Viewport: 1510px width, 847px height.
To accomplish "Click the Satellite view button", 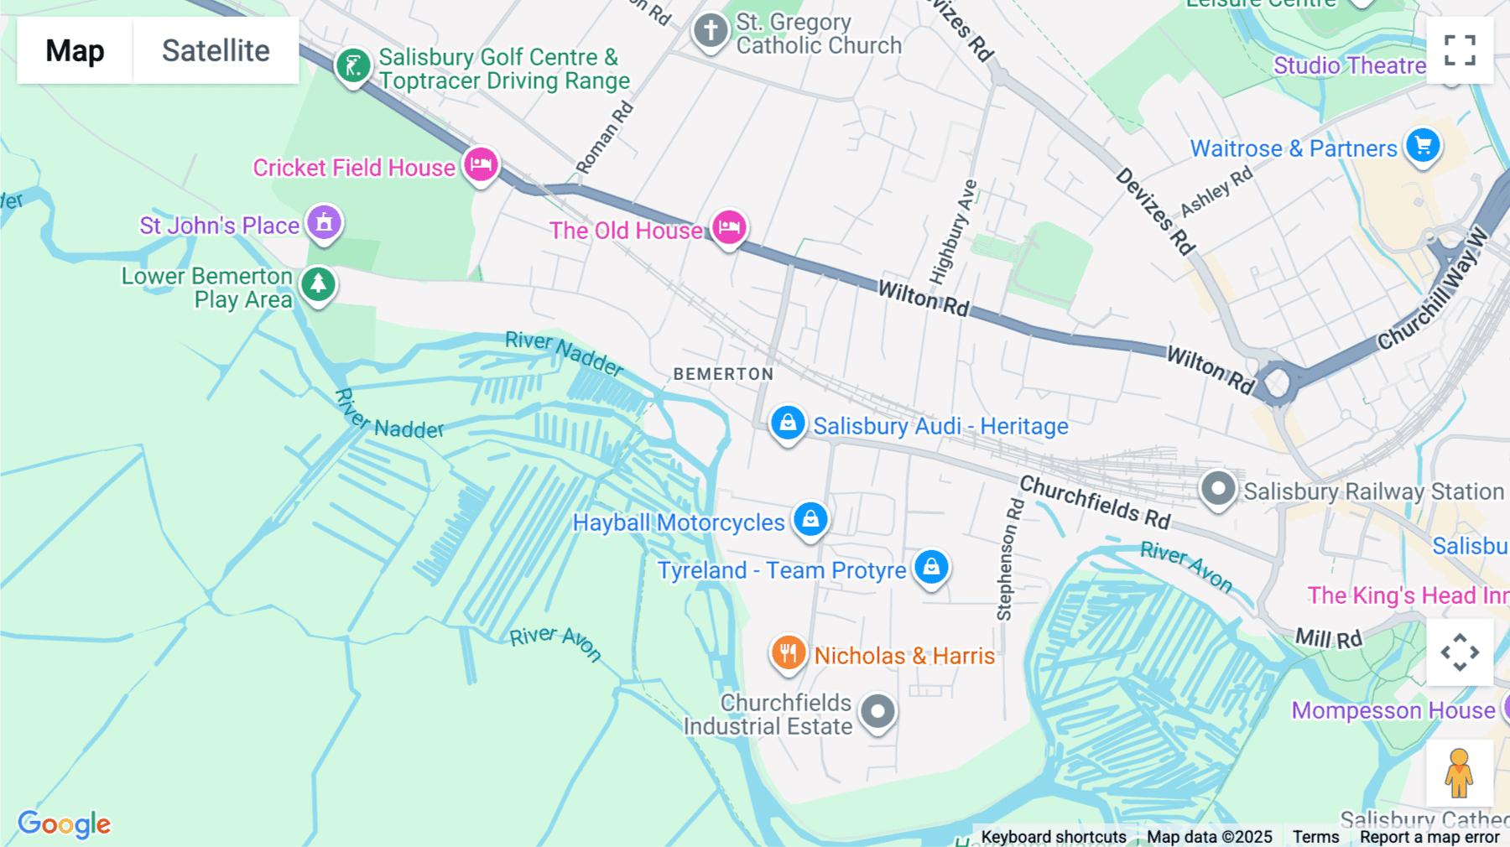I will coord(216,50).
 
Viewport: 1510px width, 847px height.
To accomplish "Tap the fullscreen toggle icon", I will coord(1460,50).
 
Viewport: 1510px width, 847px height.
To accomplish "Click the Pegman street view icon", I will coord(1459,772).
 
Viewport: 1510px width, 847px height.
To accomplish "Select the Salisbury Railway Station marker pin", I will coord(1218,488).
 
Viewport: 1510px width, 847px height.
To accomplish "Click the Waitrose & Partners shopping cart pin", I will coord(1423,146).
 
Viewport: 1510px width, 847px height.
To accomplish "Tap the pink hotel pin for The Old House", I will coord(729,226).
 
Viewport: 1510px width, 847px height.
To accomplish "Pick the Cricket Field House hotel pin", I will coord(481,164).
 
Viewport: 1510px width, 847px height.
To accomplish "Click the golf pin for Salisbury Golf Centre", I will coord(353,65).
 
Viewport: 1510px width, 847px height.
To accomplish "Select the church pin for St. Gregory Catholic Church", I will coord(711,31).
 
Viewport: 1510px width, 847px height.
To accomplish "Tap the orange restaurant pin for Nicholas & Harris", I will coord(788,652).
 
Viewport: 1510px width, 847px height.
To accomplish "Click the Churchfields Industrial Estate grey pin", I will coord(877,712).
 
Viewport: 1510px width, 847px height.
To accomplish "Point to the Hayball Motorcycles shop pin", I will coord(810,519).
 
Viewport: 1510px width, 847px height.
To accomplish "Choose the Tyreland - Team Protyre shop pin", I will coord(931,568).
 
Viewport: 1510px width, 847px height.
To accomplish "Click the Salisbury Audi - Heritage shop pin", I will coord(788,423).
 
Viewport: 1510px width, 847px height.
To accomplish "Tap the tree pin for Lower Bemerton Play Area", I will coord(318,284).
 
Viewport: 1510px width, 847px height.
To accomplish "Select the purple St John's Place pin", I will coord(324,223).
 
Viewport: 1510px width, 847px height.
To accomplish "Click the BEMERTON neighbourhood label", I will coord(723,374).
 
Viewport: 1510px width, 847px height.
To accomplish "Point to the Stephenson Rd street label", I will coord(1009,559).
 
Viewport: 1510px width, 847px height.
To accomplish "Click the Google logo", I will coord(65,824).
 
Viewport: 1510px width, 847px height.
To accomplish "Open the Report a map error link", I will coord(1429,837).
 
